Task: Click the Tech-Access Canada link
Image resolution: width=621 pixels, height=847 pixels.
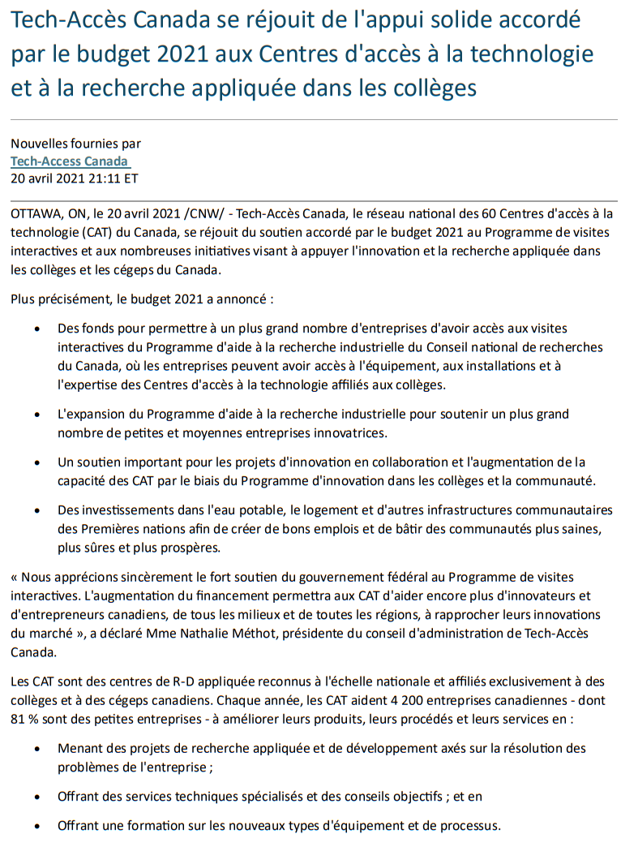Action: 69,161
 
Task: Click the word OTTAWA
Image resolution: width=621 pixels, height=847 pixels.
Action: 35,214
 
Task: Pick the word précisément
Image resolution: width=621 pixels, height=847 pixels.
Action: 77,299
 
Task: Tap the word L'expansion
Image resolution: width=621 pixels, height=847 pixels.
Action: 90,415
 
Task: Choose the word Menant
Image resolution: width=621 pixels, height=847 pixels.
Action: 79,748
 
